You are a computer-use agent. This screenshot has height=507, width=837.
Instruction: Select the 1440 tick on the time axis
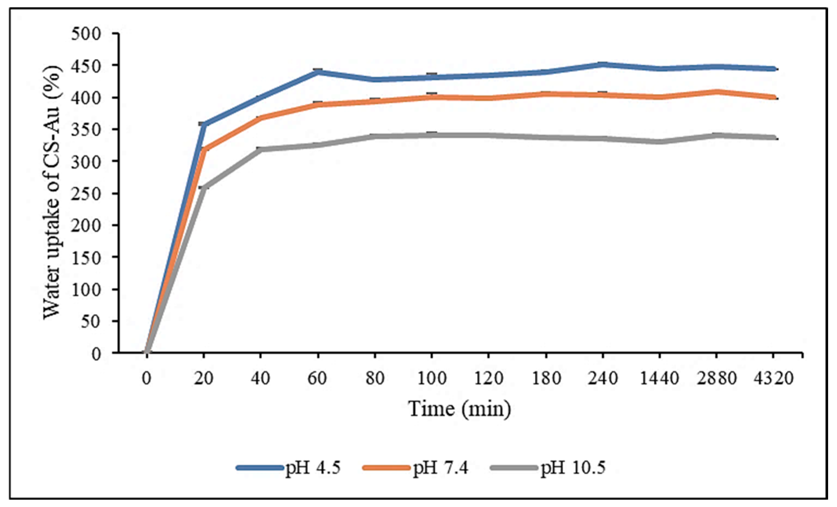point(659,378)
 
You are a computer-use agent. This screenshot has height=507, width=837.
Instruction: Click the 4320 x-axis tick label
point(773,378)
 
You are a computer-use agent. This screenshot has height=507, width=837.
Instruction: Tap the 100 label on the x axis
point(431,378)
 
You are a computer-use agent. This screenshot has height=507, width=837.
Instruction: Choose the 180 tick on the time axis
point(546,378)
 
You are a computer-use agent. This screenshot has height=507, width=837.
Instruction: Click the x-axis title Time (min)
point(459,409)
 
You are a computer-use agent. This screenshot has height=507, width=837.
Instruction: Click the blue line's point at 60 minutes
point(318,72)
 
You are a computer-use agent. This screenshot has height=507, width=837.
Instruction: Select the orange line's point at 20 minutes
point(204,150)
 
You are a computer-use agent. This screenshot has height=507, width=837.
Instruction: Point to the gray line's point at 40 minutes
point(261,150)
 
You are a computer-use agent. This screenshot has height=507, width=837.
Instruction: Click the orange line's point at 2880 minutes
point(717,92)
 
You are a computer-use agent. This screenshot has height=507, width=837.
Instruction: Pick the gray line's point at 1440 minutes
point(659,142)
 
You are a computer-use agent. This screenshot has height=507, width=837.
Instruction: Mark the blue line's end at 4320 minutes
point(773,69)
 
